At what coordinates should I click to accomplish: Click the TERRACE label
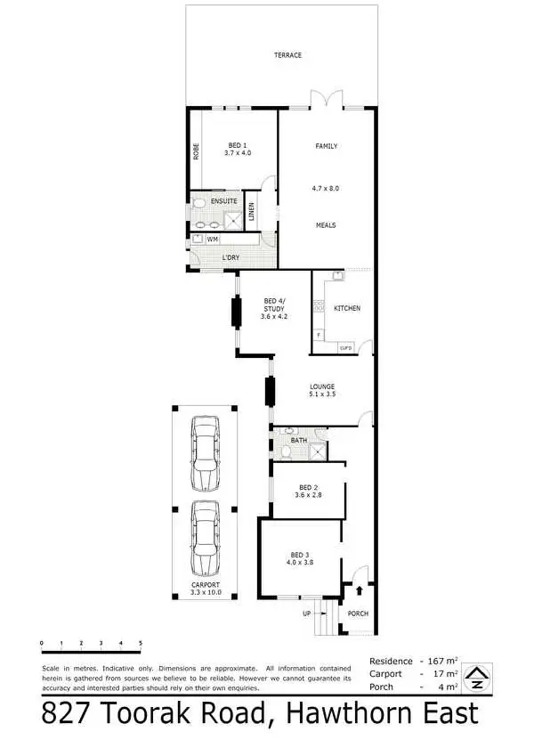(x=287, y=55)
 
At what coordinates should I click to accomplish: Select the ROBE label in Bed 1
(x=196, y=152)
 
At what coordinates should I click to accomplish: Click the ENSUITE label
(x=223, y=201)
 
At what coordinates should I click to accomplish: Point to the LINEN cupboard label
(x=252, y=211)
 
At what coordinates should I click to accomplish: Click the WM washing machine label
(x=213, y=240)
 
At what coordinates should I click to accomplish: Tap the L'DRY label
(x=231, y=258)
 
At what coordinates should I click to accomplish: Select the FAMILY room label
(x=326, y=146)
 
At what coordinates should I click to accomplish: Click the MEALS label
(x=326, y=225)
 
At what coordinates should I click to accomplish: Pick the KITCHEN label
(x=347, y=308)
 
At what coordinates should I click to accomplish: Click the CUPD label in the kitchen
(x=346, y=345)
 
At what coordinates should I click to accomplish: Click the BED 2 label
(x=307, y=487)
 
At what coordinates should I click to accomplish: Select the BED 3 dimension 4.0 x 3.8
(x=300, y=562)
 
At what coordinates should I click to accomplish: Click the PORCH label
(x=358, y=614)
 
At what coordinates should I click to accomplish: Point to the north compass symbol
(x=477, y=679)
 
